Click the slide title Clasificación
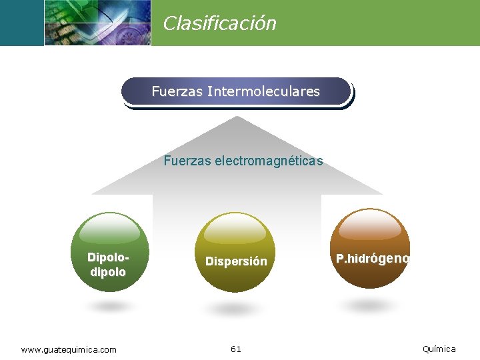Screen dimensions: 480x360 (219, 23)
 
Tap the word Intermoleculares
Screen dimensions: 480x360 (263, 91)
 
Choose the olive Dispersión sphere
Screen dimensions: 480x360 (236, 252)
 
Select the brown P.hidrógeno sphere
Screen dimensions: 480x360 (370, 249)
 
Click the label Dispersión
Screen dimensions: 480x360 (236, 262)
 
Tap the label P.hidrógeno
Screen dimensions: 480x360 (372, 258)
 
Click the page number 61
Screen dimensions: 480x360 (236, 349)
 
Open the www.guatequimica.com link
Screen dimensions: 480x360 (69, 349)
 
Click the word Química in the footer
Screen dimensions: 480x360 (439, 349)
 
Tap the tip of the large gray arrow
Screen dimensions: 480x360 (236, 119)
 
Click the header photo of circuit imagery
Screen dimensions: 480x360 (97, 23)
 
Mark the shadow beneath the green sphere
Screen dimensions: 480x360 (108, 307)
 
